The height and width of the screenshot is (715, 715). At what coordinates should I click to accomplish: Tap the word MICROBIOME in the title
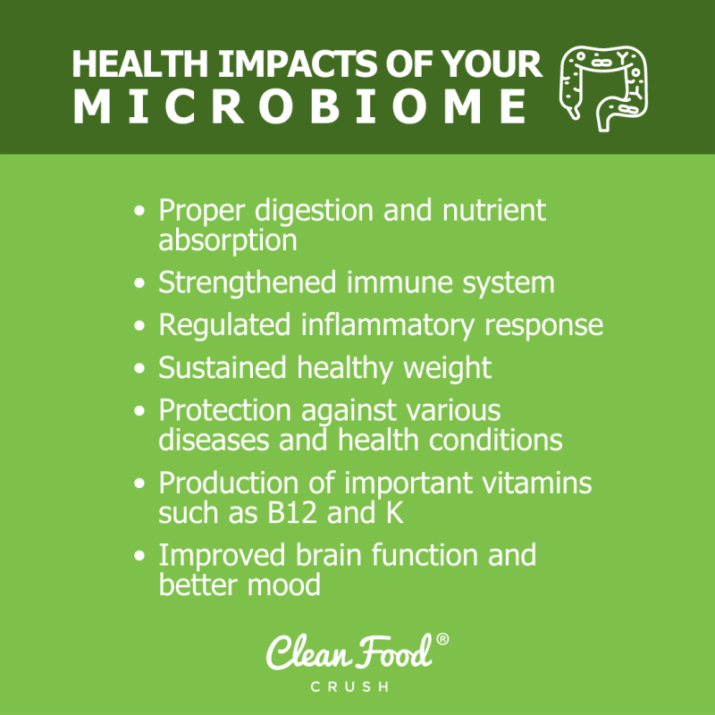point(299,108)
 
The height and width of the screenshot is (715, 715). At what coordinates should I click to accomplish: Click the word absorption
point(228,240)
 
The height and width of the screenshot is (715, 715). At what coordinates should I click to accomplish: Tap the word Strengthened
point(248,283)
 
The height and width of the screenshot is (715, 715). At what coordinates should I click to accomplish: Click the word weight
point(447,368)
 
